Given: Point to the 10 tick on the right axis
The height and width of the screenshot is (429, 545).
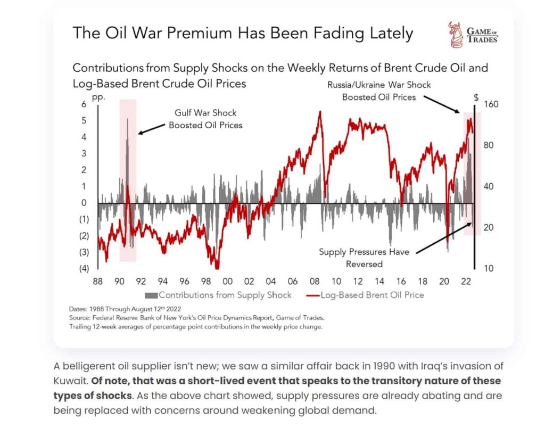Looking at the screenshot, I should pyautogui.click(x=487, y=268).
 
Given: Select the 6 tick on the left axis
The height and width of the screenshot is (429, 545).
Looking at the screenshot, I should pyautogui.click(x=84, y=104).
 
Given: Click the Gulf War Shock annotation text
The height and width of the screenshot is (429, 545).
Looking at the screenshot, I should pyautogui.click(x=205, y=119).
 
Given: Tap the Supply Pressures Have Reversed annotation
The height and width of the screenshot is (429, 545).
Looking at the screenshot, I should pyautogui.click(x=364, y=258).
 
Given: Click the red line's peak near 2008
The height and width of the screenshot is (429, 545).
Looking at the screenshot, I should pyautogui.click(x=320, y=112).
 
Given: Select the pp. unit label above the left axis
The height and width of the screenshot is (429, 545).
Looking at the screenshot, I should pyautogui.click(x=98, y=98).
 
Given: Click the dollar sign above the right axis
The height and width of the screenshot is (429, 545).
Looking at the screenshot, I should pyautogui.click(x=476, y=98).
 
